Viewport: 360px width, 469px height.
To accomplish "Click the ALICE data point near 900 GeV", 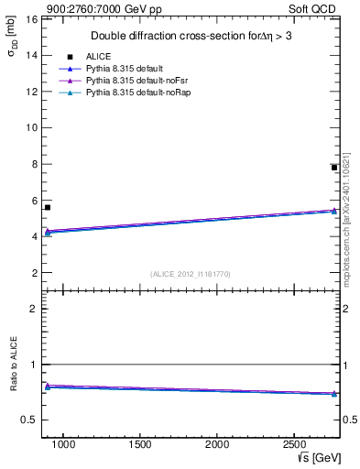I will click(x=48, y=207).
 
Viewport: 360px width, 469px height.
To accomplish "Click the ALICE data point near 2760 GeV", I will click(x=334, y=168).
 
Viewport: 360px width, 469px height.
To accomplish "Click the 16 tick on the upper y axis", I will click(x=31, y=19).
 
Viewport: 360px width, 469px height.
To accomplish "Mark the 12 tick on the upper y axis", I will click(x=31, y=92).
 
